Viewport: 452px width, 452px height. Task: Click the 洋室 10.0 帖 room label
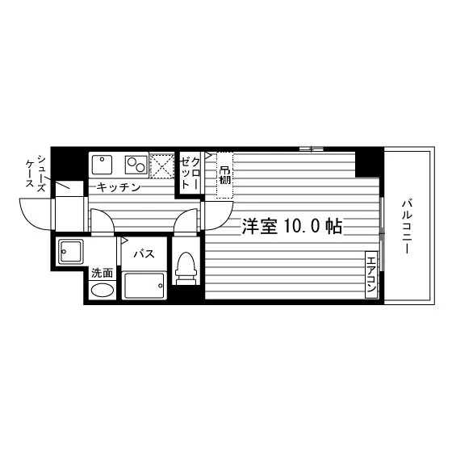coord(292,227)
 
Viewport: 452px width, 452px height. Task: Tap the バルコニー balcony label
coord(407,227)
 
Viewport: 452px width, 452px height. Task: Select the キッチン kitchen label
coord(118,187)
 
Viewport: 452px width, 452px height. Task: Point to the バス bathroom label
coord(144,253)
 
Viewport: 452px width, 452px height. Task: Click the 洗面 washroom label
coord(102,273)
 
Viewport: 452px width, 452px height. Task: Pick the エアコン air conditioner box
coord(371,274)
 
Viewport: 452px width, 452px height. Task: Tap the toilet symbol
coord(186,268)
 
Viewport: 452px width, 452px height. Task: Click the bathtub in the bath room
coord(144,286)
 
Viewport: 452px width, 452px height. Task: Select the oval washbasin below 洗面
coord(103,290)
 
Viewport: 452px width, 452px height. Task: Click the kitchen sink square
coord(102,165)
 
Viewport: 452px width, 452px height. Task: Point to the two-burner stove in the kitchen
coord(136,165)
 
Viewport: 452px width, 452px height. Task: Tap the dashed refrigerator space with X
coord(161,166)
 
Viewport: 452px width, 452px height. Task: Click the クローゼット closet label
coord(190,174)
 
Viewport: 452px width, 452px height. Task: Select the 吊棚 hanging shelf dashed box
coord(225,175)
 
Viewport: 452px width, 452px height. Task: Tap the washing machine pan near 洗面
coord(71,252)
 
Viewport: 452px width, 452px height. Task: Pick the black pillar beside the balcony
coord(370,163)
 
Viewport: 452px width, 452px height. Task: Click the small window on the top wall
coord(311,149)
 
